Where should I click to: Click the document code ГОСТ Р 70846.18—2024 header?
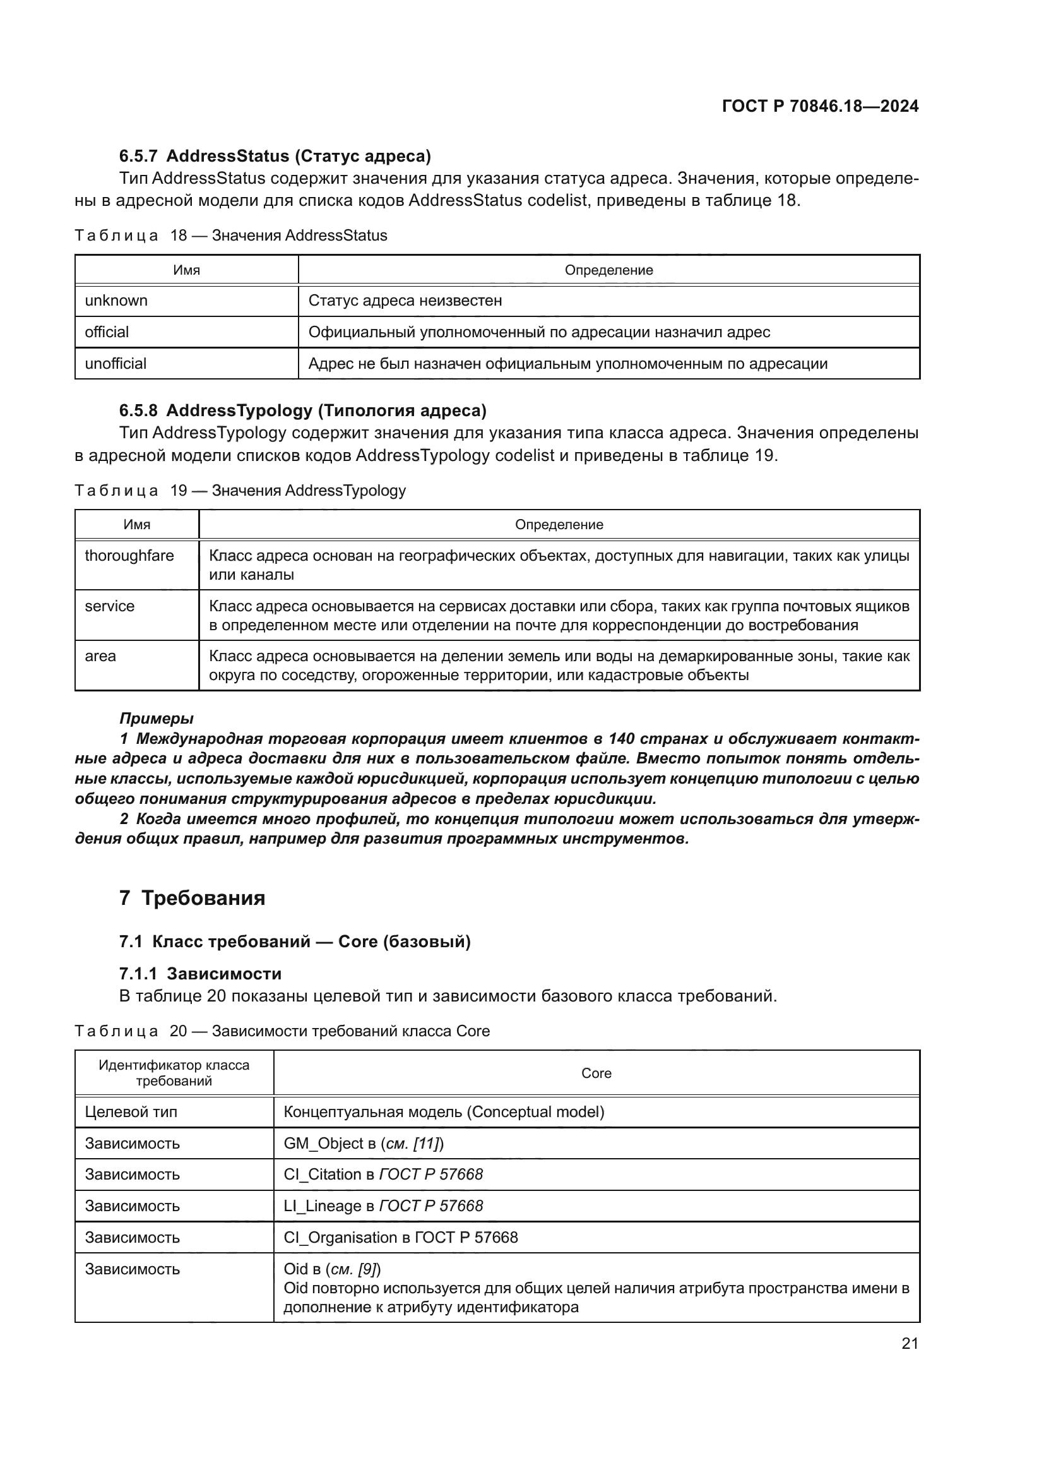tap(820, 106)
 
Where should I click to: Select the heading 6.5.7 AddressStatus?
tap(275, 156)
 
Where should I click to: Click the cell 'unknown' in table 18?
tap(116, 301)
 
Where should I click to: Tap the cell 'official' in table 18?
tap(107, 332)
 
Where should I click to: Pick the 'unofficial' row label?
tap(116, 364)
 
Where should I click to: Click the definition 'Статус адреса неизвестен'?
tap(405, 301)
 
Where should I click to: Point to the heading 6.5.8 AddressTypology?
tap(302, 410)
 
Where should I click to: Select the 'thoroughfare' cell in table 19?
tap(129, 556)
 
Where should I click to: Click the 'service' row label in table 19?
tap(110, 606)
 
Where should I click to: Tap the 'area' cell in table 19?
tap(100, 656)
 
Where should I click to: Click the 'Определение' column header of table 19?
tap(559, 524)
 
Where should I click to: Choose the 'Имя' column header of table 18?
tap(186, 270)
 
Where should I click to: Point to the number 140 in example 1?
tap(621, 739)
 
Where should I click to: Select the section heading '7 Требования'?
tap(193, 898)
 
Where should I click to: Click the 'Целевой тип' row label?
tap(131, 1112)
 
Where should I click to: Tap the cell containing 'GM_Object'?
tap(363, 1144)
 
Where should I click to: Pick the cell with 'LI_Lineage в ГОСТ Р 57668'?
tap(383, 1206)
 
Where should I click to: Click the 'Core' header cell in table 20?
tap(596, 1073)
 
